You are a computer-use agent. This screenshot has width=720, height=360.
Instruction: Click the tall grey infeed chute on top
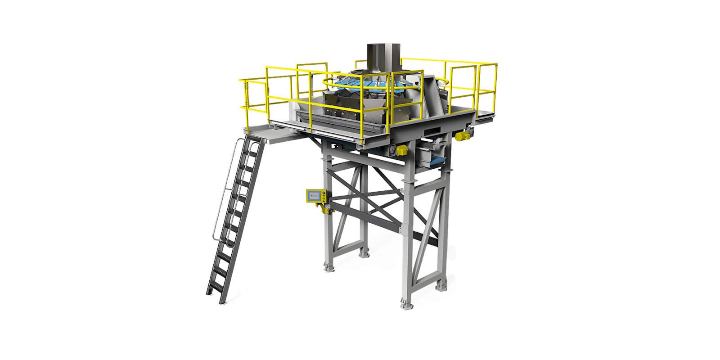tap(384, 58)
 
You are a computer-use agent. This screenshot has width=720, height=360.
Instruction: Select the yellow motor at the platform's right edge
tap(460, 136)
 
